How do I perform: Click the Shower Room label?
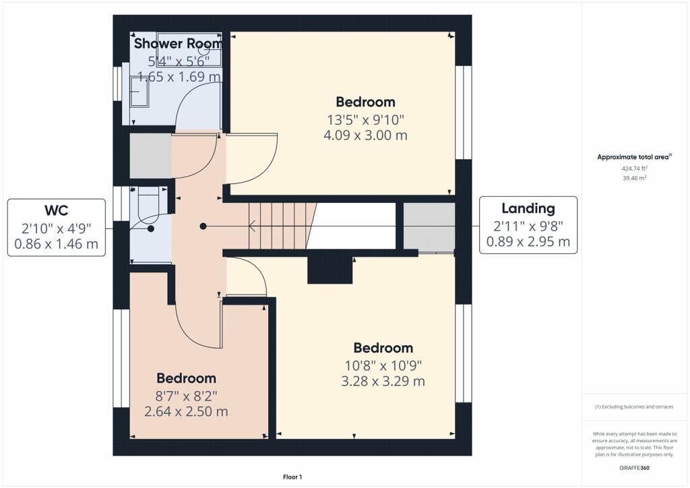(177, 44)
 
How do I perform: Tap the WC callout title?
(57, 210)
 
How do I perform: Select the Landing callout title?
(528, 208)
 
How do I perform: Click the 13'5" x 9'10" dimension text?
(365, 120)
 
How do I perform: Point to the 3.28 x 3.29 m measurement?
(383, 381)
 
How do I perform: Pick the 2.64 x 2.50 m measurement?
(186, 411)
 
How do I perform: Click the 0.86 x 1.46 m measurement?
(57, 244)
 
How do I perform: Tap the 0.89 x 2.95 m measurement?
(528, 241)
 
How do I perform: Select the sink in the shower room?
(140, 91)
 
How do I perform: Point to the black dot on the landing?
(203, 226)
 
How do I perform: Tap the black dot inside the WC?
(151, 228)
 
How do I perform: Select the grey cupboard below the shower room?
(150, 156)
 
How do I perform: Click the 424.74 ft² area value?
(634, 168)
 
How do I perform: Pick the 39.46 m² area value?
(634, 178)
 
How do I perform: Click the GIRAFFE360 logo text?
(634, 468)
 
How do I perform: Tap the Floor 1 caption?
(292, 477)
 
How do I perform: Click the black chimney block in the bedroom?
(330, 270)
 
